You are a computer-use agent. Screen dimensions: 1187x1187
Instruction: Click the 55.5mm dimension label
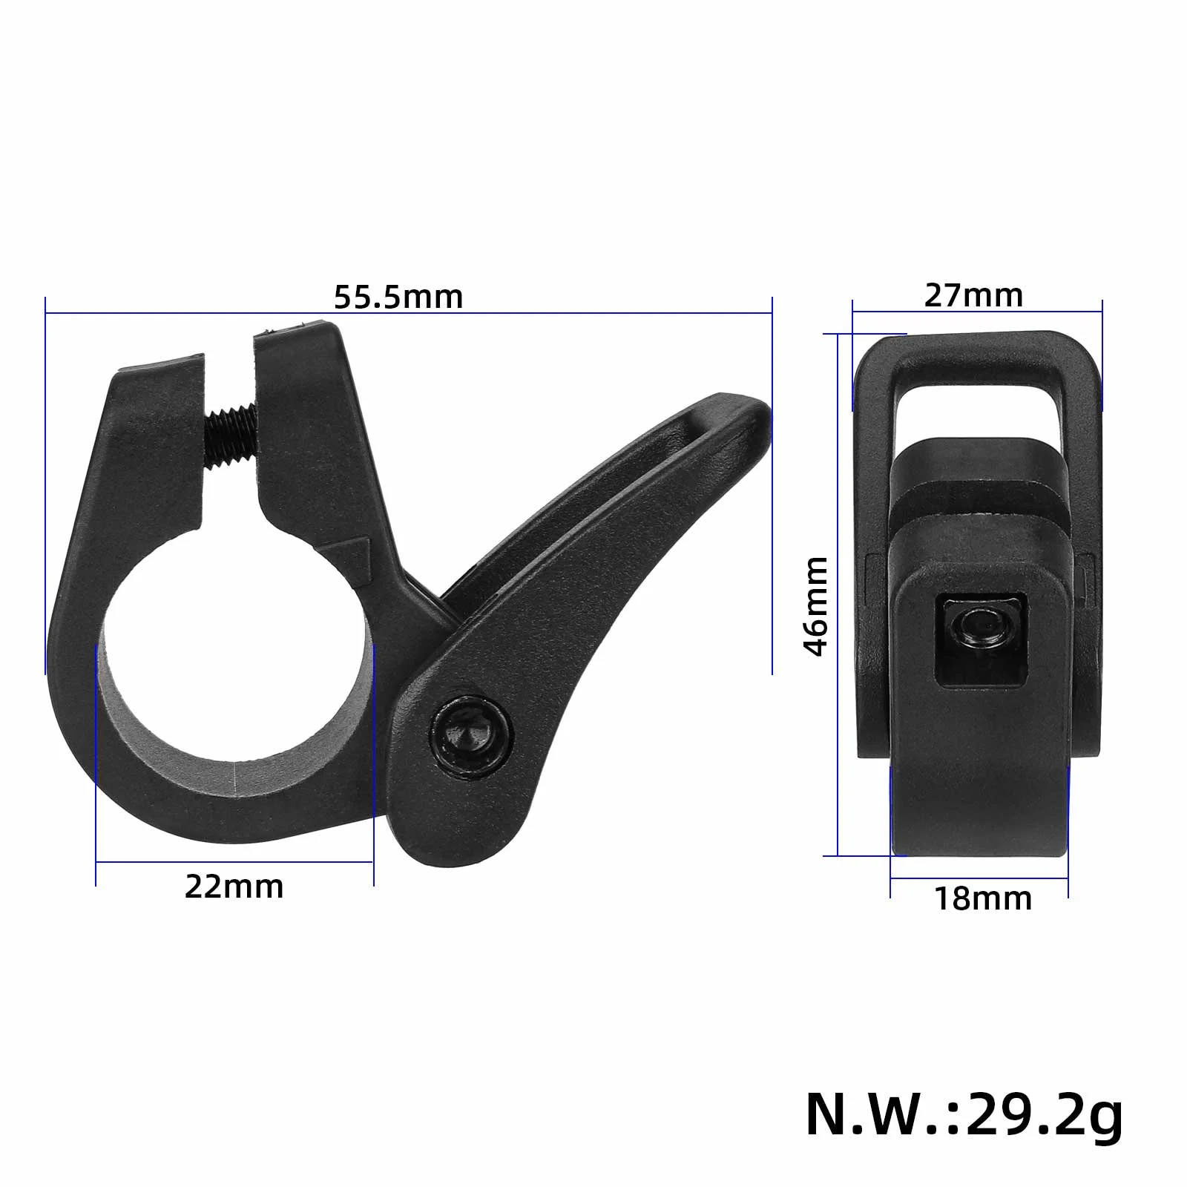(x=398, y=297)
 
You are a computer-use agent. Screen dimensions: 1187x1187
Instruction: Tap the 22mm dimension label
(x=234, y=887)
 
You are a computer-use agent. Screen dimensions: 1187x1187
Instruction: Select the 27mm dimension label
(x=973, y=295)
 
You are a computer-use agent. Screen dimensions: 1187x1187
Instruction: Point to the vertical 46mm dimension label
(x=816, y=606)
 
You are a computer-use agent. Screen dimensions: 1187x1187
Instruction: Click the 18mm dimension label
(x=983, y=898)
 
